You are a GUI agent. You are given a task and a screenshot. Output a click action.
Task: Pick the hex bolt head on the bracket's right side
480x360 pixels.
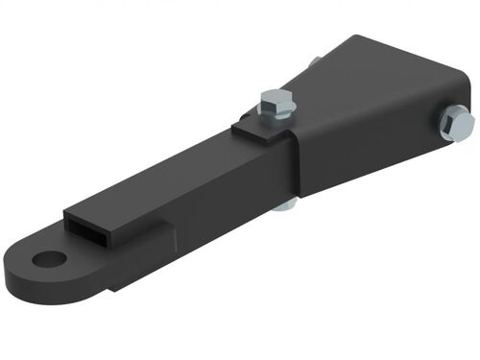(x=458, y=123)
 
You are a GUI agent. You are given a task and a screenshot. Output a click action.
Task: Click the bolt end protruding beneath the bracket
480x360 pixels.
(x=284, y=204)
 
